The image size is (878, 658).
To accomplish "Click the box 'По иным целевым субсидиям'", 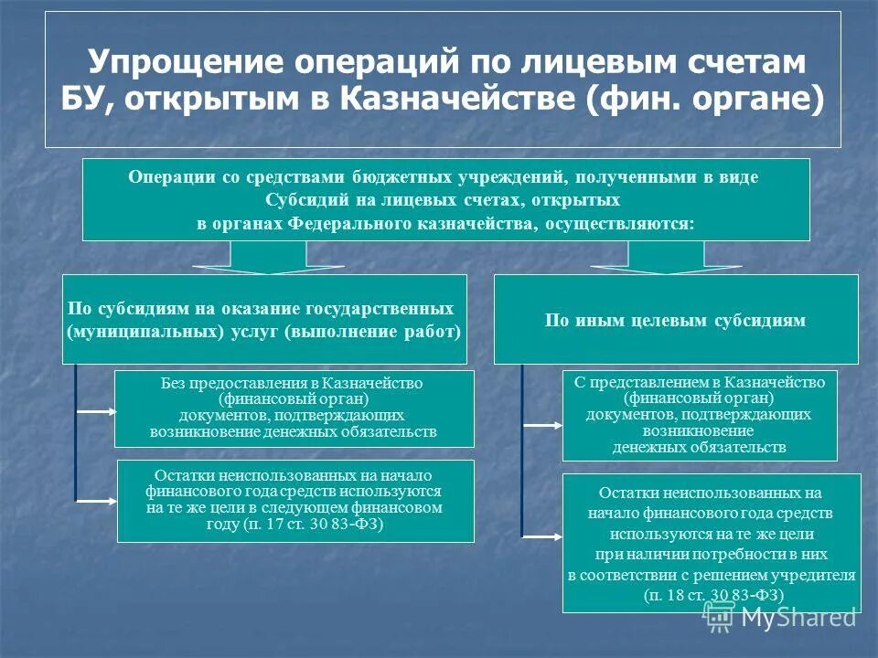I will [675, 320].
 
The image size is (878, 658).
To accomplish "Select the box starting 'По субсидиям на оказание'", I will [264, 320].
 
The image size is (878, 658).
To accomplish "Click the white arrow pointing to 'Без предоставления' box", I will [94, 411].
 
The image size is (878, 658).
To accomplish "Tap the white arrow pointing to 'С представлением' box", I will [542, 425].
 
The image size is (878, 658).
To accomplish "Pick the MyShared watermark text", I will [798, 617].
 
